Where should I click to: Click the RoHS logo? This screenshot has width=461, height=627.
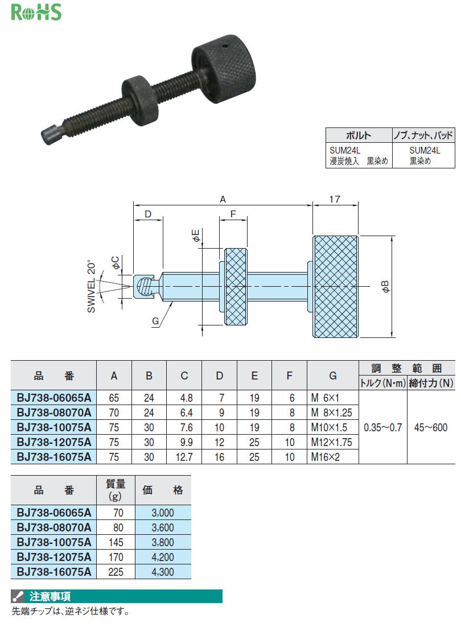[36, 13]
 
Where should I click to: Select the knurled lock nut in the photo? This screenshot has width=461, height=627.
[139, 100]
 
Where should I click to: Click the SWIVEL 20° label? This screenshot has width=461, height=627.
[92, 286]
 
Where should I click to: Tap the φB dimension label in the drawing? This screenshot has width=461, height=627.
[385, 286]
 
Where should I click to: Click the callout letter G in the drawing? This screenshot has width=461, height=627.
[155, 321]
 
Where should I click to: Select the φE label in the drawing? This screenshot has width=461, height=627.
[196, 235]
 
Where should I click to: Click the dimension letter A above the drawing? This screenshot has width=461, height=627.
[223, 199]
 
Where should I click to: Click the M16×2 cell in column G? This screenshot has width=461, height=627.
[326, 457]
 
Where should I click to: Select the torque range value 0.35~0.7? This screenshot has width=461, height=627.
[382, 427]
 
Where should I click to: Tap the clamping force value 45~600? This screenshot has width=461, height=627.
[431, 427]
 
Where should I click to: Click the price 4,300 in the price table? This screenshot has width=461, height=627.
[163, 572]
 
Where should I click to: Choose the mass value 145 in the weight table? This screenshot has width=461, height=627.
[116, 542]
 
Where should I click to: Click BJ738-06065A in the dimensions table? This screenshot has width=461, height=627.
[54, 398]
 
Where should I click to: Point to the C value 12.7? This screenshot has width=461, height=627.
[184, 457]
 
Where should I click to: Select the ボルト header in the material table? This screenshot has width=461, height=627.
[359, 135]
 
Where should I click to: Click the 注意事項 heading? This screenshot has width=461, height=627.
[50, 597]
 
